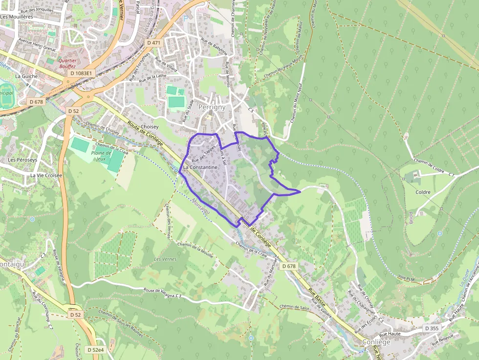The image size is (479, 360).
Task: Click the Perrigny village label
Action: tap(212, 106)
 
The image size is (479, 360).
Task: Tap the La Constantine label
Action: tap(200, 168)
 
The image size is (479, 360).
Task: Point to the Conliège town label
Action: tap(376, 342)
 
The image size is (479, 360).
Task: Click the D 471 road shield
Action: tap(153, 43)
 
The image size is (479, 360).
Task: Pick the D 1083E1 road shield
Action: tap(81, 73)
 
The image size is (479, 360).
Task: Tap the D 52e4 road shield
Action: tap(95, 350)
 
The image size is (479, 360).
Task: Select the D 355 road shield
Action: tap(432, 329)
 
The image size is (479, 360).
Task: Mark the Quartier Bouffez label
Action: tap(67, 63)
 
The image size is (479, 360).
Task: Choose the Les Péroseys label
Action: tap(22, 160)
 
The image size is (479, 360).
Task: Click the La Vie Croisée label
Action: tap(46, 175)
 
